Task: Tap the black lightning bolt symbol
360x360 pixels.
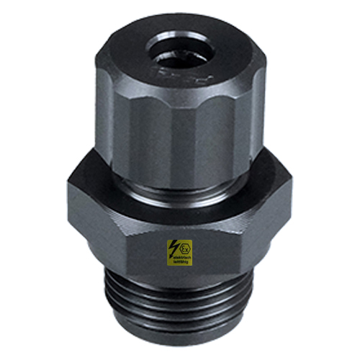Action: point(175,249)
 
